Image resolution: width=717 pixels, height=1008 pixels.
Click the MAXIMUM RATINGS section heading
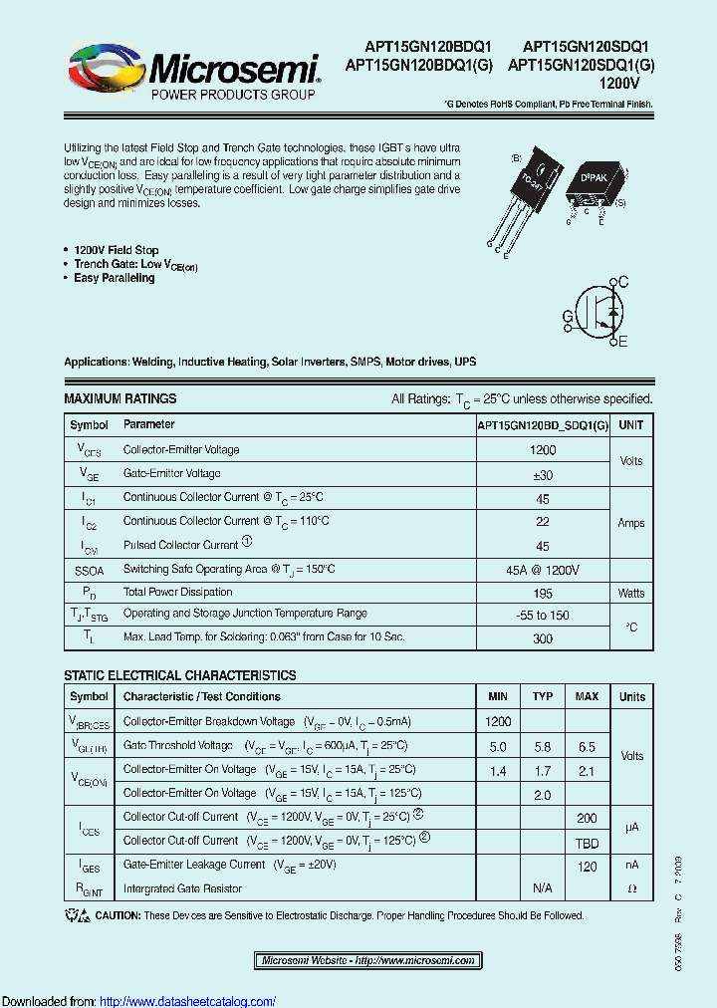[119, 398]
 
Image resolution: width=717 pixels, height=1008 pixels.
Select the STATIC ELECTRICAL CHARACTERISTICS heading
[179, 675]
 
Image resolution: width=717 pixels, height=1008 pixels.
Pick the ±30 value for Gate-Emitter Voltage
[543, 474]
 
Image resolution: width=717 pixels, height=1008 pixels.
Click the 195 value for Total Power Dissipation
[543, 593]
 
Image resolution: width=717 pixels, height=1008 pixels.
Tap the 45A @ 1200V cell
[543, 570]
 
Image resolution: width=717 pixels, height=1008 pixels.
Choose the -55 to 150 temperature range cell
[543, 616]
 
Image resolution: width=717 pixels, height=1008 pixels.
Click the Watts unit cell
[630, 593]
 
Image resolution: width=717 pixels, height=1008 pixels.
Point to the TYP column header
[543, 696]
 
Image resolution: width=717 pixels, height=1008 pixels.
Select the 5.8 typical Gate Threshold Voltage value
[543, 746]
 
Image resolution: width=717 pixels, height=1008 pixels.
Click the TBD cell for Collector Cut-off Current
[587, 841]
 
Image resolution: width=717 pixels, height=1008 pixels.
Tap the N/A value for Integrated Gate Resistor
[543, 887]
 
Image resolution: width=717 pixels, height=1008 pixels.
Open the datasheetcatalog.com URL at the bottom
[188, 1001]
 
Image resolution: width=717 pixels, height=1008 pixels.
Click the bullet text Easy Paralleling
[114, 279]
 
